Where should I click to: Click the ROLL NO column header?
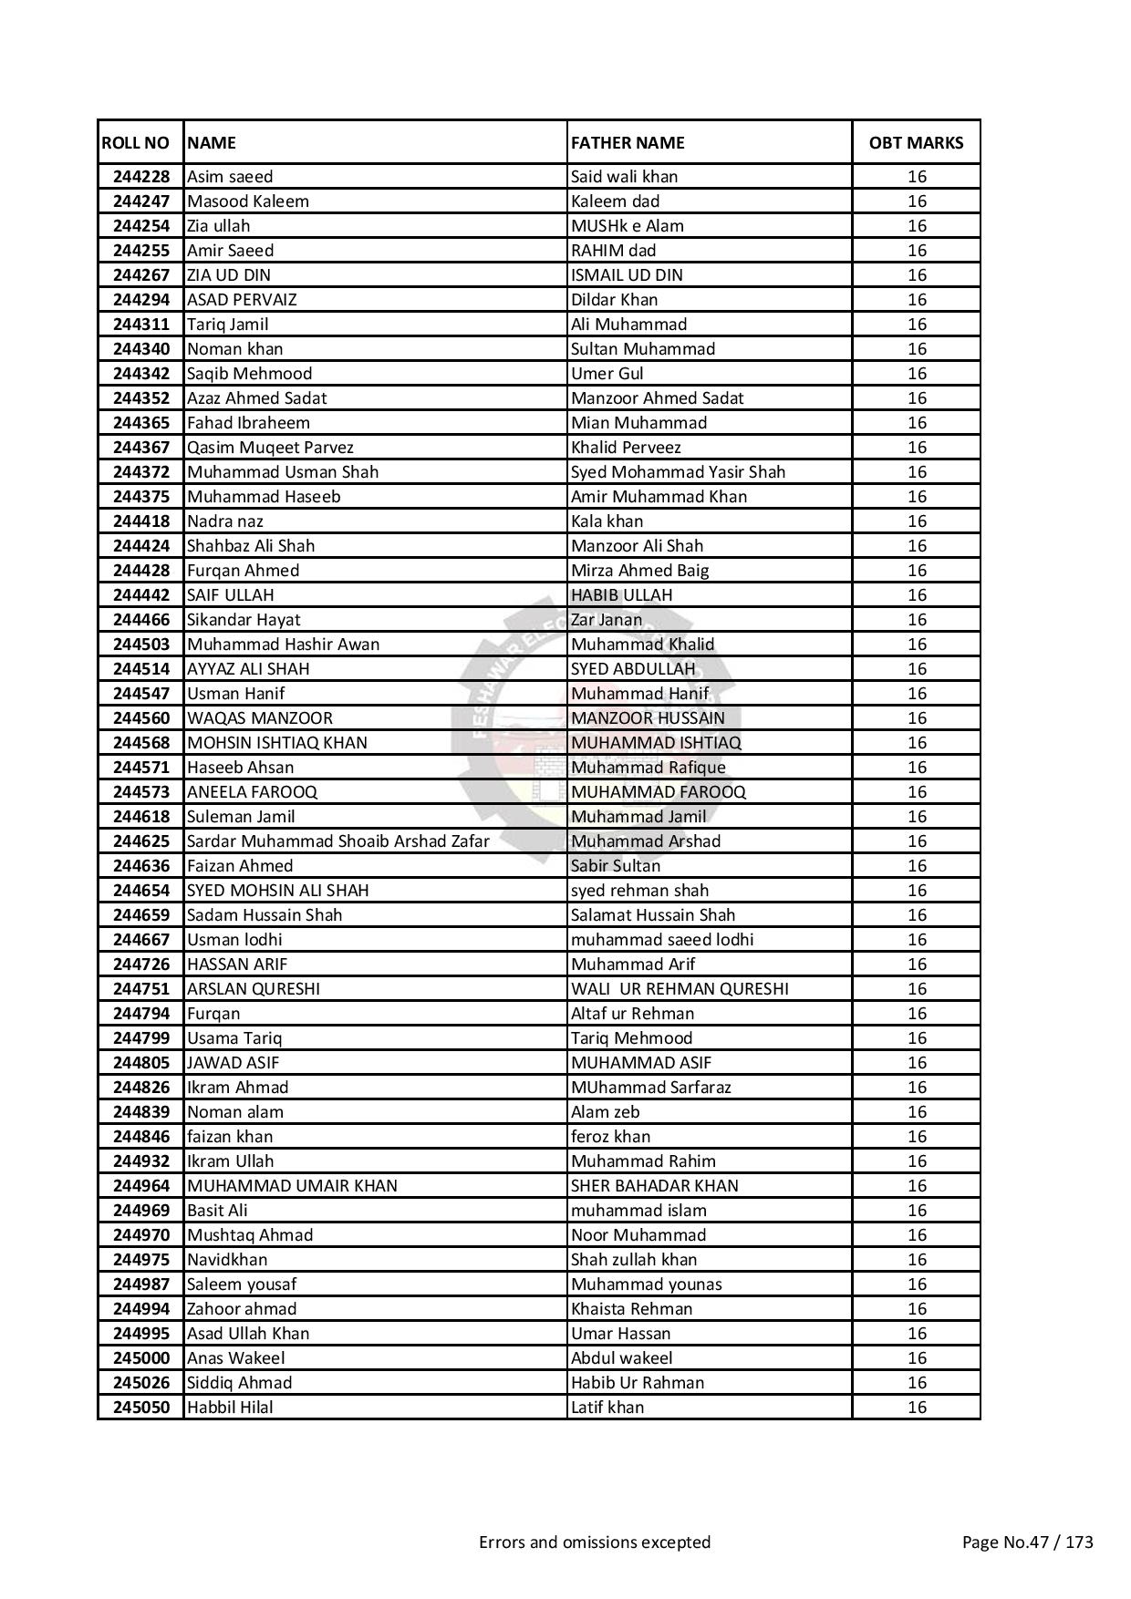135,143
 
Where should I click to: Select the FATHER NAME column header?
628,143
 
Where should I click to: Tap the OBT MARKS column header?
916,143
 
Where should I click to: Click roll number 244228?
141,177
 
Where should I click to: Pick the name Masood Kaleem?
248,201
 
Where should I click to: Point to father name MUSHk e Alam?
628,226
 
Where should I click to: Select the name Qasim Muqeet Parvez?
270,448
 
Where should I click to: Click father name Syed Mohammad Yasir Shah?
678,472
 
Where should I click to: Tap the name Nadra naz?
225,521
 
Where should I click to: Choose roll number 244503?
141,645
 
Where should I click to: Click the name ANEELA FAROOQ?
252,792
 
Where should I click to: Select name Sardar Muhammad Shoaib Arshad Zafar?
338,841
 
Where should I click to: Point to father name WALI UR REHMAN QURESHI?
680,989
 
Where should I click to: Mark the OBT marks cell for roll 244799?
917,1038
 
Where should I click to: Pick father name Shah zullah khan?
634,1260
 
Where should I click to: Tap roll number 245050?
141,1408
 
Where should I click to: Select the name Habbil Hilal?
230,1408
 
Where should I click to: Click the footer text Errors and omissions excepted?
595,1542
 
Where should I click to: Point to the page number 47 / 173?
1028,1542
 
